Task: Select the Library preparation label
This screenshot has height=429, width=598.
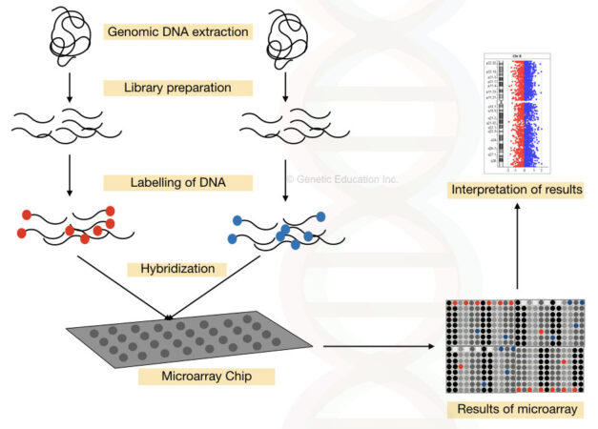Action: point(177,88)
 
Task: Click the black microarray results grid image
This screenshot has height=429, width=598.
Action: point(515,347)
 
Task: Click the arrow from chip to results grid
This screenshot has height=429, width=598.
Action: point(381,347)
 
